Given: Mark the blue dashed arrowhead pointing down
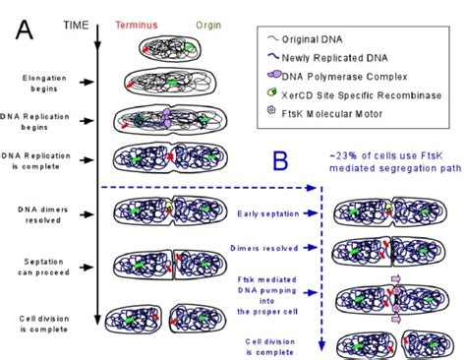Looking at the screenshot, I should pyautogui.click(x=320, y=347).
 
